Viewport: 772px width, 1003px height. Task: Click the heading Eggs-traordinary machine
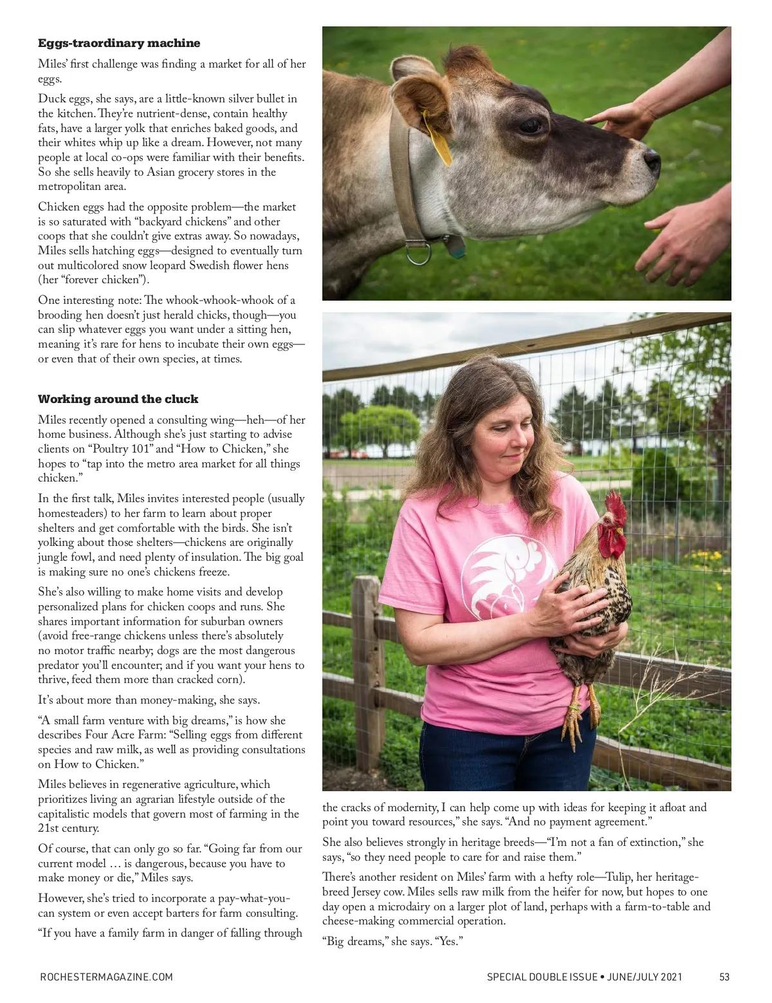coord(119,43)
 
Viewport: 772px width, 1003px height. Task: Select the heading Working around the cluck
coord(118,399)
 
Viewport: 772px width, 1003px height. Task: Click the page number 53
coord(724,977)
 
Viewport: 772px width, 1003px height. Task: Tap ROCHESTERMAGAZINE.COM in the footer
coord(106,977)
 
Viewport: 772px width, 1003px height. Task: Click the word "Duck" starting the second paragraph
coord(51,99)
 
